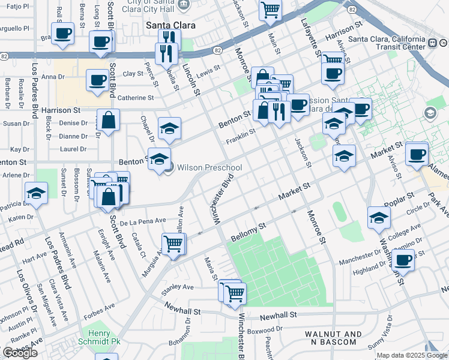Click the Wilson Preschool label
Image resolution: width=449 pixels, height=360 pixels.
point(209,167)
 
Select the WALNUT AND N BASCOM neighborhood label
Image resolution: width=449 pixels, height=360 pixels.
point(333,338)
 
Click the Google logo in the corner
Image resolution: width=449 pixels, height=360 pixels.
point(20,353)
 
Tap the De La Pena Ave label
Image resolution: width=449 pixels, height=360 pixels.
point(142,221)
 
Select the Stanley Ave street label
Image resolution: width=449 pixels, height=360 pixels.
point(177,287)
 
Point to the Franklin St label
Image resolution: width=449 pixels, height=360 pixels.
point(241,137)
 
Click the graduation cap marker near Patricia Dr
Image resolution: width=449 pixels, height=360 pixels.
point(36,192)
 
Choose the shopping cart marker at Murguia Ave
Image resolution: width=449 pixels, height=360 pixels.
point(173,244)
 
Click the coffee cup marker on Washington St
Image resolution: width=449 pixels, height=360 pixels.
point(403,261)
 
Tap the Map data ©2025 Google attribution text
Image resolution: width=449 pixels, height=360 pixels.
point(411,355)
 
